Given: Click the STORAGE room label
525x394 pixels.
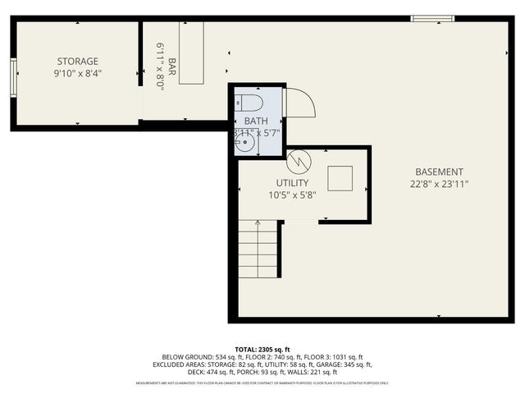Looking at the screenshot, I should [x=78, y=62].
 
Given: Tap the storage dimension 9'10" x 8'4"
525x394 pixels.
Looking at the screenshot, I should [x=78, y=73].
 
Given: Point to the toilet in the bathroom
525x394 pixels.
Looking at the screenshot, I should [x=248, y=103].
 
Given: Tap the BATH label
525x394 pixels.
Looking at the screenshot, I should [x=256, y=121].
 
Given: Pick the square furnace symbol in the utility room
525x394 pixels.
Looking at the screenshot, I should [x=340, y=177].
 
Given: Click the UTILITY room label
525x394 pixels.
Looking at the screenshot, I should [x=292, y=183].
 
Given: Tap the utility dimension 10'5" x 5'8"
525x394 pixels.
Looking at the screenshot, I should [x=292, y=195].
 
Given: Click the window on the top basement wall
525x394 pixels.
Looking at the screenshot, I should [x=432, y=18].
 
